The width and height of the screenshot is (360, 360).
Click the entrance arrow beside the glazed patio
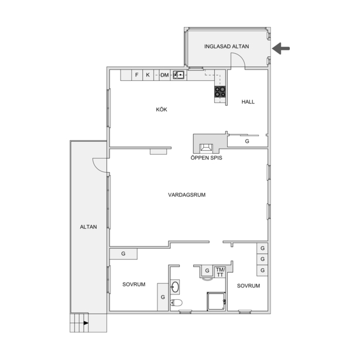tap(281, 49)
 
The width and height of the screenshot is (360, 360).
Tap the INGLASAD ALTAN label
tap(227, 46)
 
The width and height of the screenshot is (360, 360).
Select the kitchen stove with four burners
tap(220, 91)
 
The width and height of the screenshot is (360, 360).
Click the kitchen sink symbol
tap(179, 75)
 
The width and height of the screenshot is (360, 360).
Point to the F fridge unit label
tap(137, 75)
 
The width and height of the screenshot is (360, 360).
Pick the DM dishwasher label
tap(164, 75)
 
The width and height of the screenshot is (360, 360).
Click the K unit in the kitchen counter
tap(148, 75)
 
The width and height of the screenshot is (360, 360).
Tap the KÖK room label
tap(162, 109)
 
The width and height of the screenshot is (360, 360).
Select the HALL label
tap(248, 102)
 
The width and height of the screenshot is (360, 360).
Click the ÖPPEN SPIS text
tap(206, 158)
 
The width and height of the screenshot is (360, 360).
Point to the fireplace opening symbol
tap(206, 148)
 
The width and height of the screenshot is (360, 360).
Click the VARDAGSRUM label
tap(187, 195)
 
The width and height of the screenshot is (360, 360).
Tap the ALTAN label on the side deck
tap(88, 227)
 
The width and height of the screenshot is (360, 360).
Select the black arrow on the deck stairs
tap(86, 323)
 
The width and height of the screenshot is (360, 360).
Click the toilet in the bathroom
tap(176, 303)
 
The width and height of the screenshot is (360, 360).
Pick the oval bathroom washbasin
tap(175, 287)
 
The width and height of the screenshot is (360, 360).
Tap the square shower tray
tap(216, 301)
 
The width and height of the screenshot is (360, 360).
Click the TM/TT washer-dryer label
tap(220, 272)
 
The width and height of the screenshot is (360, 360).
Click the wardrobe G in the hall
tap(247, 141)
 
